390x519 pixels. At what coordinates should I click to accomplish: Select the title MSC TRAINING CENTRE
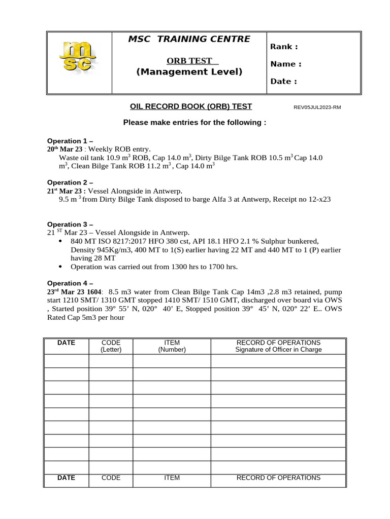pos(189,39)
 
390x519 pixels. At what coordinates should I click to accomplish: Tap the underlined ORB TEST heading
pos(189,61)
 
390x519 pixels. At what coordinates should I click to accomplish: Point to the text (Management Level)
pos(189,72)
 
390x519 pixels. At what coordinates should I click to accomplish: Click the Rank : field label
pos(284,47)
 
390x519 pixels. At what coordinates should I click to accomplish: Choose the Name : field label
pos(285,64)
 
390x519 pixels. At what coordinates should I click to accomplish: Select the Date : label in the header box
pos(283,81)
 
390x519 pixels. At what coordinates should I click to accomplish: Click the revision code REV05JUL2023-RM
pos(317,107)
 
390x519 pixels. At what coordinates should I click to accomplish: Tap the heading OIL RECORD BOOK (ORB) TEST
pos(191,106)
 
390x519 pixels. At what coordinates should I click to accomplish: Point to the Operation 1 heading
pos(70,141)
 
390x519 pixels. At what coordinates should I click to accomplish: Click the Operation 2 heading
pos(70,182)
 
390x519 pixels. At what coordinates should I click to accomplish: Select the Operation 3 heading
pos(70,224)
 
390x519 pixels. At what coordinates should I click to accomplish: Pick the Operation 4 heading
pos(70,283)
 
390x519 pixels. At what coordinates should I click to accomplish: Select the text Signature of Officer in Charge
pos(278,350)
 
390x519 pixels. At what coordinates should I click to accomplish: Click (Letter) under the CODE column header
pos(111,350)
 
